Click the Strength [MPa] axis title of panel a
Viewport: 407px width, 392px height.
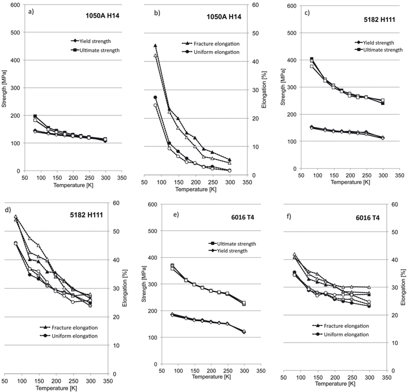5,88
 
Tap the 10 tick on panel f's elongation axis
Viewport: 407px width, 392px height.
396,343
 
